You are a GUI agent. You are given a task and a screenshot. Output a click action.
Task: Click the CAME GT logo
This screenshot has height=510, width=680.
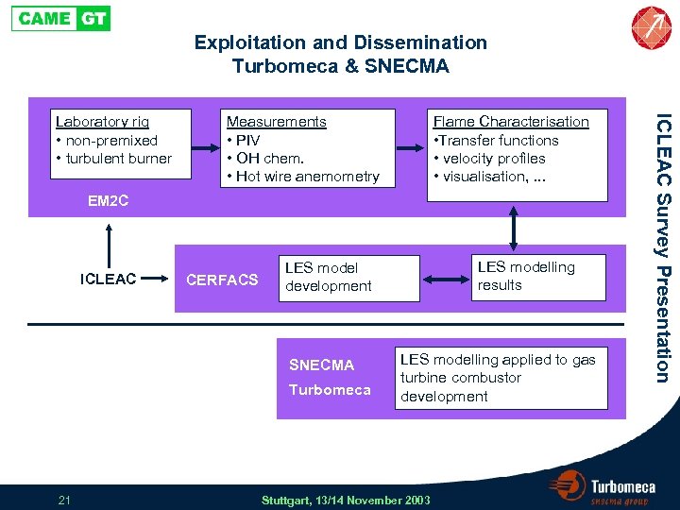[x=60, y=18]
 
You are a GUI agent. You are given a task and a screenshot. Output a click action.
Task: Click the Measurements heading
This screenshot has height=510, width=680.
[x=276, y=122]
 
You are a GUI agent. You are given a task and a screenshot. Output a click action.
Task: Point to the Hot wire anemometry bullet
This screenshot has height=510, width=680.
[x=307, y=177]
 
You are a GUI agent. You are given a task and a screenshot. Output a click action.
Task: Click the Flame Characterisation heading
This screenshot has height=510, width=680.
[x=510, y=122]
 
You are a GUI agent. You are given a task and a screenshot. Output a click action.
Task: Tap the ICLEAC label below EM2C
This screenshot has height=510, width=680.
[x=109, y=279]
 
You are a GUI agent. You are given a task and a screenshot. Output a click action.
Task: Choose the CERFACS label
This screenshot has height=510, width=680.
[x=222, y=280]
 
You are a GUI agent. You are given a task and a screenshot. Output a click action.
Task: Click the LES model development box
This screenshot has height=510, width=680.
[x=348, y=278]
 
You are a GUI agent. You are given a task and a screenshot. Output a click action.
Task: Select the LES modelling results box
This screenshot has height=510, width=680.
[x=536, y=276]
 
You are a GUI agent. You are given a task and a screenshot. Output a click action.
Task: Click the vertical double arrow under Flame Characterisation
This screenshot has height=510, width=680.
[x=513, y=226]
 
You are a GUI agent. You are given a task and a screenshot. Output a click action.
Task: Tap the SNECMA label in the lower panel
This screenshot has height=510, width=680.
[x=321, y=365]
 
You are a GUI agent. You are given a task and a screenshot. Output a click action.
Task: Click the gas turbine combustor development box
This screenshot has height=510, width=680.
[x=501, y=378]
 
